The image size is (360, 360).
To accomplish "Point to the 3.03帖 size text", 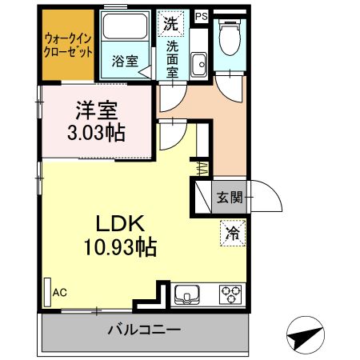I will coord(94,131).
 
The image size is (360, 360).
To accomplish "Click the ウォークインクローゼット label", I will coord(68,44).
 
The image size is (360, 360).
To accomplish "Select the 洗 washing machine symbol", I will coord(170,23).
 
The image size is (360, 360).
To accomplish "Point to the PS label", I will coord(201,15).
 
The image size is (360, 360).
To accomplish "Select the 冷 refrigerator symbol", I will coord(230,235).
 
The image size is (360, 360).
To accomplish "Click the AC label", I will coord(59,294).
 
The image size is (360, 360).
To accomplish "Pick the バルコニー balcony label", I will coord(144,329).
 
